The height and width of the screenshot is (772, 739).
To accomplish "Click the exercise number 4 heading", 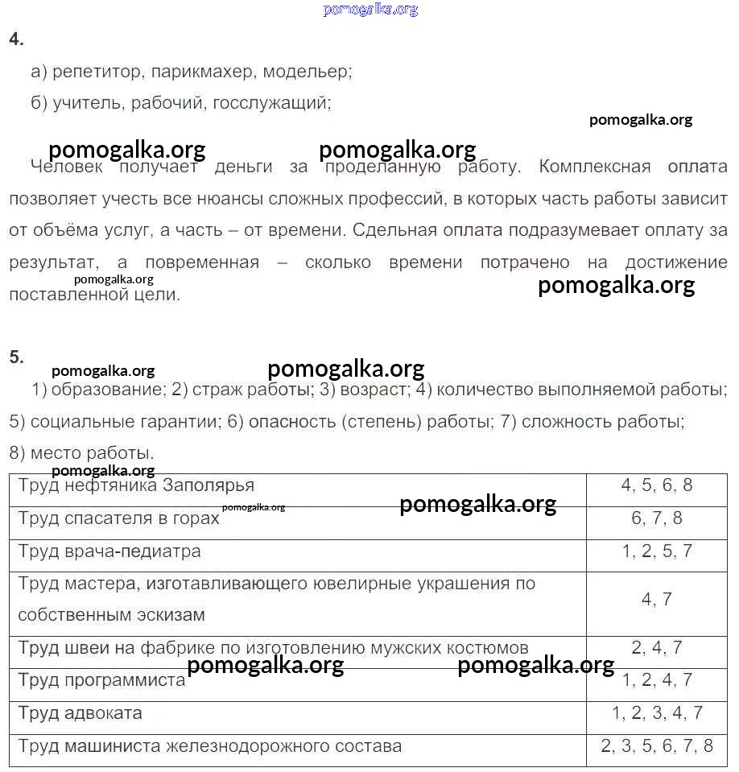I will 16,39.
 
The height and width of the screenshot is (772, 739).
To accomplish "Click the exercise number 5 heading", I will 16,357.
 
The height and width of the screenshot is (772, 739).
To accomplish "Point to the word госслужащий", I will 270,103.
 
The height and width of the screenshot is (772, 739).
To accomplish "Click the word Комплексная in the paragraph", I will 594,167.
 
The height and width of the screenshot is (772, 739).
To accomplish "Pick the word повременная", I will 202,262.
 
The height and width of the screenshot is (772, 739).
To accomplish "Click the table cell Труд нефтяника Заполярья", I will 136,485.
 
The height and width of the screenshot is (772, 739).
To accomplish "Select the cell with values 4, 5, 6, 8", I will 656,485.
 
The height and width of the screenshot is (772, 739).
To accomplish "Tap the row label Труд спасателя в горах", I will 118,518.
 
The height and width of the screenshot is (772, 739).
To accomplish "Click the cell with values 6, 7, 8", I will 656,518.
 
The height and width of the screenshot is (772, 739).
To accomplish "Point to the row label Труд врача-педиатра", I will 109,551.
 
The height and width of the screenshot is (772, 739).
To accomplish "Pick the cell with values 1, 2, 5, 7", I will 656,551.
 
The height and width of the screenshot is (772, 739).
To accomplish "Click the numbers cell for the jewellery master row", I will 656,599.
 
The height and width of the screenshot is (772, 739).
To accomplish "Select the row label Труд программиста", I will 101,680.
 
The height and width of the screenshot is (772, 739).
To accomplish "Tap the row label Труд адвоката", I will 80,713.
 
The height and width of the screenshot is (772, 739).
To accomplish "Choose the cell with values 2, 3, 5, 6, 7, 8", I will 656,746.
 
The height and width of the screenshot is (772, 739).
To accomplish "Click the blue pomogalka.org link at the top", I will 370,10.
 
